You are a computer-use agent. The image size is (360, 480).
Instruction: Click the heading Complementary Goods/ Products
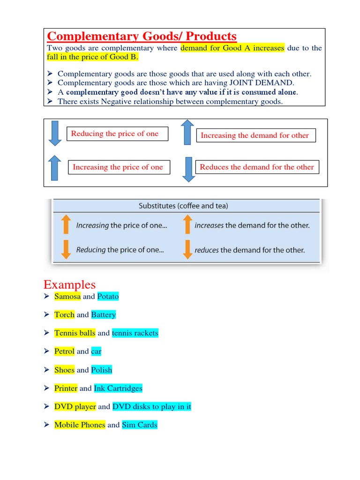pyautogui.click(x=142, y=36)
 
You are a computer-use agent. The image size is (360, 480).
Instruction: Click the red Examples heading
pyautogui.click(x=69, y=285)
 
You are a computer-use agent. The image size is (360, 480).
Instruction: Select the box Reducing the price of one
pyautogui.click(x=115, y=134)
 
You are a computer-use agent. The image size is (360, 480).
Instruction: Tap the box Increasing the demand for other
pyautogui.click(x=255, y=135)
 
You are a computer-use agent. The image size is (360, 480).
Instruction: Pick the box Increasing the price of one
pyautogui.click(x=119, y=167)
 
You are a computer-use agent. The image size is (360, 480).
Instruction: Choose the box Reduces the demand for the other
pyautogui.click(x=257, y=167)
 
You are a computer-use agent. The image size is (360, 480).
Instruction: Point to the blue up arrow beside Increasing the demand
pyautogui.click(x=187, y=132)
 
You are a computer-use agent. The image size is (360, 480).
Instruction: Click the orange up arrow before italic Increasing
pyautogui.click(x=66, y=225)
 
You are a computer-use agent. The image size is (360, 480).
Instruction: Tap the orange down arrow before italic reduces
pyautogui.click(x=187, y=249)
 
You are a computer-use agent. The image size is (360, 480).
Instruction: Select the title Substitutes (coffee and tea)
pyautogui.click(x=184, y=206)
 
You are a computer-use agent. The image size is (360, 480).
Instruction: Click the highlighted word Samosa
pyautogui.click(x=67, y=296)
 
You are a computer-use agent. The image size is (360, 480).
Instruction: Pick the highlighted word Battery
pyautogui.click(x=103, y=315)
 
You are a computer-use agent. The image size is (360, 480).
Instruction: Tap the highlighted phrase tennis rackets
pyautogui.click(x=135, y=333)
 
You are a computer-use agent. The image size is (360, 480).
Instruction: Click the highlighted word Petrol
pyautogui.click(x=64, y=351)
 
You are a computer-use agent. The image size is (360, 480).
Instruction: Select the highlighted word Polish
pyautogui.click(x=102, y=370)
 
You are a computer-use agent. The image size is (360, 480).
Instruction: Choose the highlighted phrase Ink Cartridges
pyautogui.click(x=118, y=388)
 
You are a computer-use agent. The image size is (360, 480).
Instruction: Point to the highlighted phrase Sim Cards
pyautogui.click(x=140, y=425)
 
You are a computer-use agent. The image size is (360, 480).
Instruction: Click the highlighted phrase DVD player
pyautogui.click(x=75, y=406)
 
